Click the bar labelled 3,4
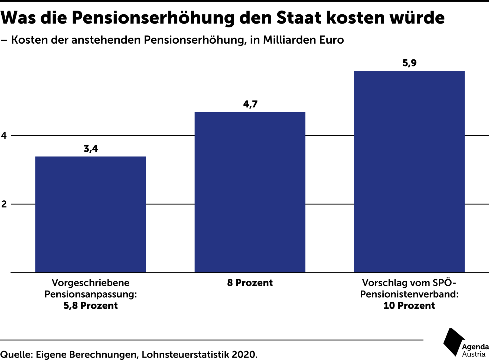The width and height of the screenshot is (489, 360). pos(90,214)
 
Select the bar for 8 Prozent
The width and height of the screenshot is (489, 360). pos(250,192)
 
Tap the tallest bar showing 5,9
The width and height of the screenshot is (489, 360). pos(409,171)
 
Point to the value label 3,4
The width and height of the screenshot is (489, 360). pos(91,149)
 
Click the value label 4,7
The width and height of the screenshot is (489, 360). pos(250,104)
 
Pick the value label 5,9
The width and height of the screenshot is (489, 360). pos(409,63)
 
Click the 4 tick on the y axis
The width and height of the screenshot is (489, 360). pos(4,135)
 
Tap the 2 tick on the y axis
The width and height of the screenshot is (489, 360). pos(4,204)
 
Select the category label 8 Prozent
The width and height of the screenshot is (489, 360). pos(250,283)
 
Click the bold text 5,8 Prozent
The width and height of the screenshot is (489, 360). pos(90,306)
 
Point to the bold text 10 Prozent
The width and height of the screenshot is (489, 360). pos(409,306)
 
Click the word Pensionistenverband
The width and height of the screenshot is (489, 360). pos(409,294)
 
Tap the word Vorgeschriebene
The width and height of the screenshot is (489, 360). pos(90,283)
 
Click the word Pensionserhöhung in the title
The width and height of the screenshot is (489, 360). pos(153,18)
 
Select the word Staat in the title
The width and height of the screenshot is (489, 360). pos(299,18)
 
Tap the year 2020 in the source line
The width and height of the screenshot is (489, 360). pos(244,354)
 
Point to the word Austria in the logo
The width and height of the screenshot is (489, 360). pos(474,354)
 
